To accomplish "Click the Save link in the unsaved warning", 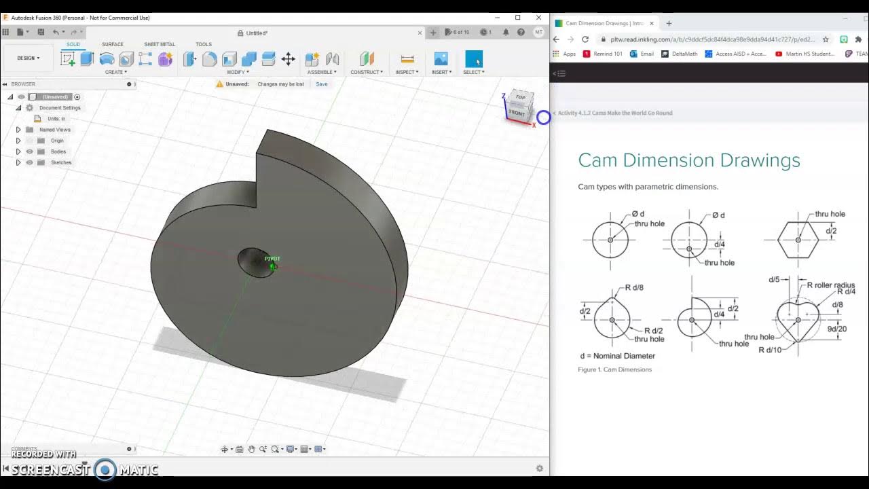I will click(x=321, y=84).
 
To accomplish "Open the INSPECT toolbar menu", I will click(x=407, y=72).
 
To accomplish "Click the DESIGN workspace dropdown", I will click(x=29, y=58).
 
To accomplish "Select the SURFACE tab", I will click(x=113, y=44).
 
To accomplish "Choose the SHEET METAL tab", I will click(x=160, y=44).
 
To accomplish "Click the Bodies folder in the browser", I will click(x=58, y=151).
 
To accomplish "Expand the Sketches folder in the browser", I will click(x=18, y=162).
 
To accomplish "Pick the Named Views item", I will click(x=55, y=130).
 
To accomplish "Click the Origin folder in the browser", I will click(x=57, y=141).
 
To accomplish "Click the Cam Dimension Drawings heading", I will click(x=689, y=161).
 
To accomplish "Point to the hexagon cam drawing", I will click(x=798, y=240).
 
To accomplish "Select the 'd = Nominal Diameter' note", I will click(x=617, y=356).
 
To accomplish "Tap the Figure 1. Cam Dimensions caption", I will click(x=614, y=369).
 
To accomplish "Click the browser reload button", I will click(x=585, y=39).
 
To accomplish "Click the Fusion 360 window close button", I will click(x=539, y=18).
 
